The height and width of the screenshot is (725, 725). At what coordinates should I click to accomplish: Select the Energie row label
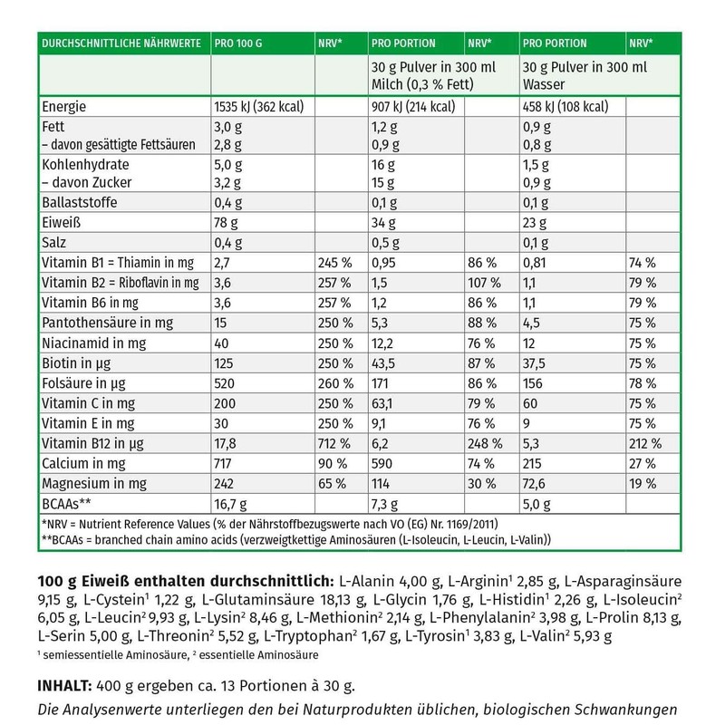click(x=68, y=107)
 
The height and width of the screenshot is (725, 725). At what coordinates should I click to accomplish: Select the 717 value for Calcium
click(x=223, y=463)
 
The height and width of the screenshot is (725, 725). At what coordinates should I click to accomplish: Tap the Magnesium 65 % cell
click(x=332, y=483)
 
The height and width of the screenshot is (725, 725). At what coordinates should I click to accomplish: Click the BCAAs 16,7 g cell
click(x=230, y=503)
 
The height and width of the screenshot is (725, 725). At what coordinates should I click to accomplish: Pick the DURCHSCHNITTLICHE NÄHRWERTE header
click(x=116, y=43)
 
